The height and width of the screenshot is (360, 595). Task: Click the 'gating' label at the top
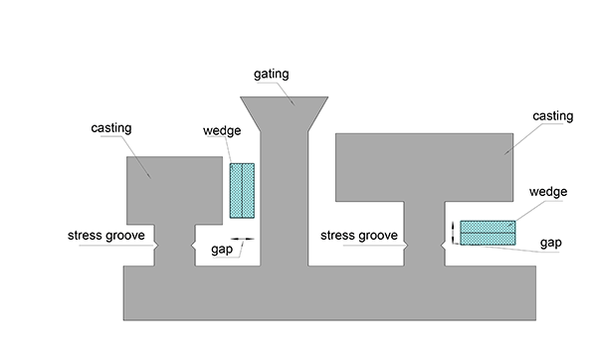[x=272, y=74]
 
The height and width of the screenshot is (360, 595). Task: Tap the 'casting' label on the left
[x=111, y=128]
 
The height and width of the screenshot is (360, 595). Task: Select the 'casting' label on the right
[x=553, y=116]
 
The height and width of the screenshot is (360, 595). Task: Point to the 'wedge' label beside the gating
[x=222, y=130]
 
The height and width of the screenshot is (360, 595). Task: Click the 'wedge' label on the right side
[x=548, y=192]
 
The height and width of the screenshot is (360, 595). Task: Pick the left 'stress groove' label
[x=106, y=236]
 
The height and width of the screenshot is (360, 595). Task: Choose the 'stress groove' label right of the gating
[x=359, y=236]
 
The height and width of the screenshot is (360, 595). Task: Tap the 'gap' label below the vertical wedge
[x=222, y=250]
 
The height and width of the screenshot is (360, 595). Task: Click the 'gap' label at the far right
[x=551, y=243]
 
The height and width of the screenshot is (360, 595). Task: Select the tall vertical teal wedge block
[x=242, y=191]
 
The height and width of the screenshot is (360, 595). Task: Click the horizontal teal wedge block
[x=488, y=233]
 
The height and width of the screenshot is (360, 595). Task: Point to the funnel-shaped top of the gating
[x=284, y=113]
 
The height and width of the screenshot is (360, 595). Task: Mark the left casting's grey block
[x=174, y=190]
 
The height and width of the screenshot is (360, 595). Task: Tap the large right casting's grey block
[x=424, y=167]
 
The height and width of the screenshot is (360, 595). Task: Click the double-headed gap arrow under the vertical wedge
[x=242, y=239]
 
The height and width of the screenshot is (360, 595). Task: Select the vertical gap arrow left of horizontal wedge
[x=453, y=233]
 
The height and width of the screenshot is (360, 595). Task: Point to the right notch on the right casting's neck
[x=443, y=247]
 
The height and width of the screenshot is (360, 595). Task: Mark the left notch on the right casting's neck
[x=406, y=247]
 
